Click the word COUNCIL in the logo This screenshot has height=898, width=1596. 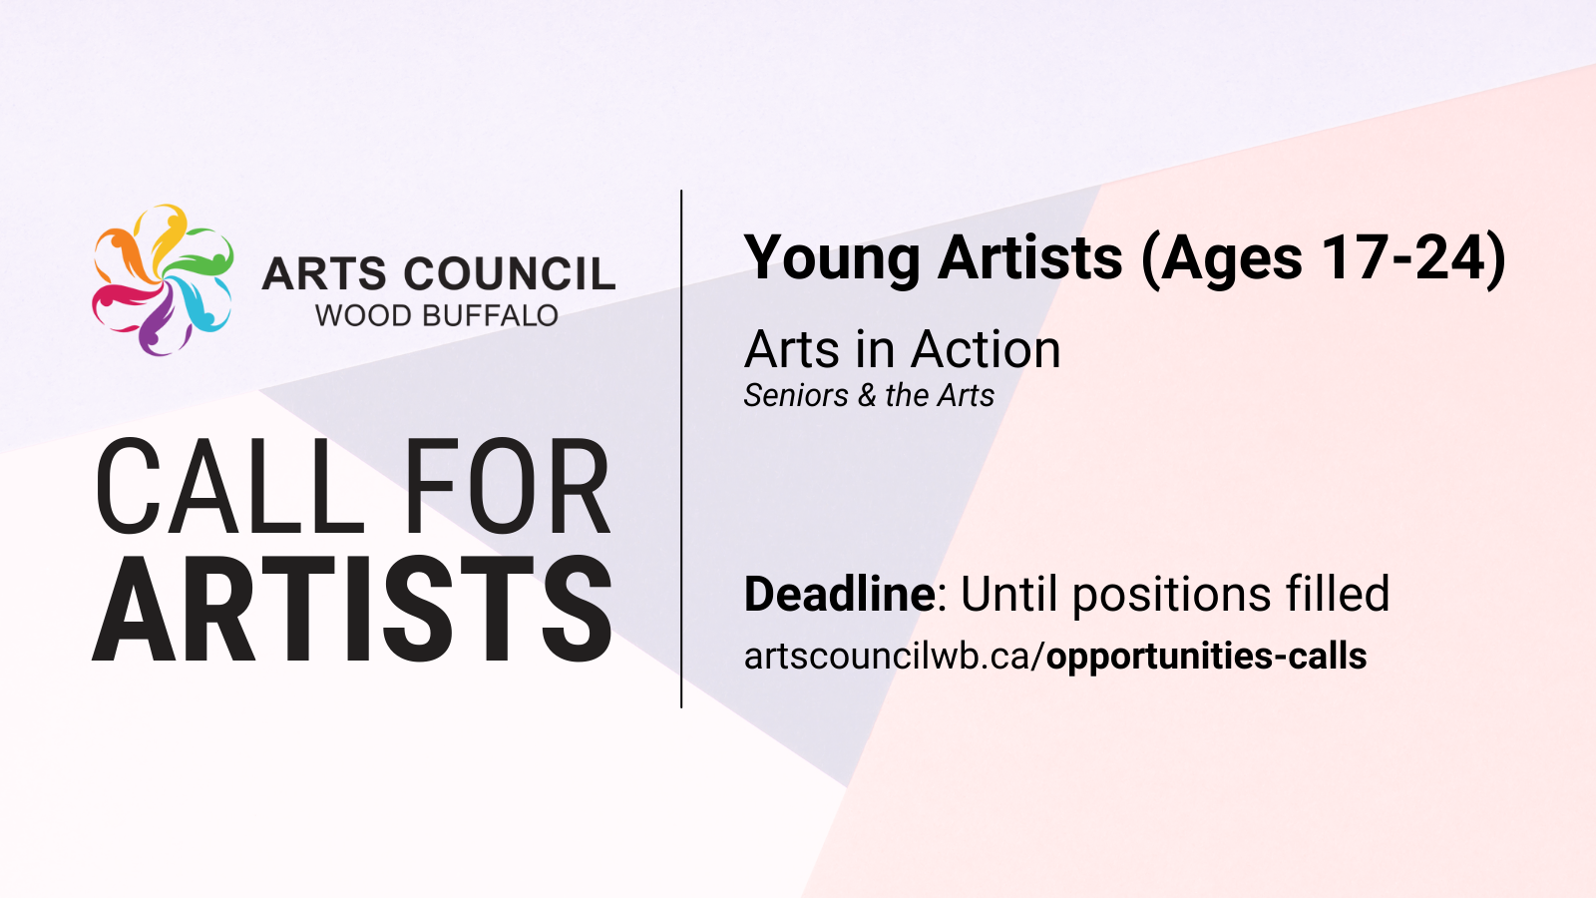[509, 274]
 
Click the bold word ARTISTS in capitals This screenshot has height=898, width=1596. [352, 610]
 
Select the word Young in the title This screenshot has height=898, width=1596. [832, 258]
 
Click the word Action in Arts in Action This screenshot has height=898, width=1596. [986, 350]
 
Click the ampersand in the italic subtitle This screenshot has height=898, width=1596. [867, 395]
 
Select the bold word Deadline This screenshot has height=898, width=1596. [839, 594]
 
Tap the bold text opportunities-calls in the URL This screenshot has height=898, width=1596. [1206, 657]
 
